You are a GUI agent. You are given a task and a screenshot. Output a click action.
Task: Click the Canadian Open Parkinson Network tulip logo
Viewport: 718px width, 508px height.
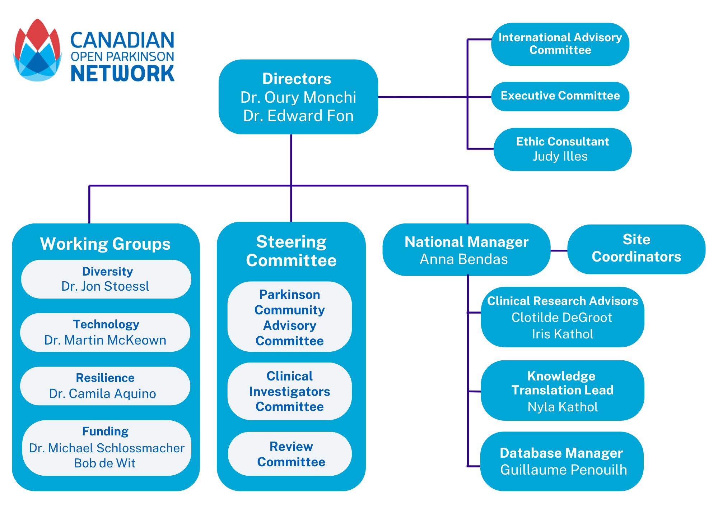37,50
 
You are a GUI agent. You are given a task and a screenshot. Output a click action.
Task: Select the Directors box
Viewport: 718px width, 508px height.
298,97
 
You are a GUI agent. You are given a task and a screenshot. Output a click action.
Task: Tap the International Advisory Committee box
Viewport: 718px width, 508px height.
560,44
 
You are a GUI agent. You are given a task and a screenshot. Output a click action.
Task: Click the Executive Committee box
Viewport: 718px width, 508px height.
560,96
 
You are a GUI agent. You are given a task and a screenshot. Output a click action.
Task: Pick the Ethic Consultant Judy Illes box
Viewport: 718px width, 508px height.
563,149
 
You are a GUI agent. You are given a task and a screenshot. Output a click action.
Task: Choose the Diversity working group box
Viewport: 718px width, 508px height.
106,279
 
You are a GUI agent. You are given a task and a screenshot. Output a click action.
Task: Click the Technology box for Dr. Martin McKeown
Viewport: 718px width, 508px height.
105,332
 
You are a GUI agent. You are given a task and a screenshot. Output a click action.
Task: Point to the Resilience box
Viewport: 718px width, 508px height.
105,386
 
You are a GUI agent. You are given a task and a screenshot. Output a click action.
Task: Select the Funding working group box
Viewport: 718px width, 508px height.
107,448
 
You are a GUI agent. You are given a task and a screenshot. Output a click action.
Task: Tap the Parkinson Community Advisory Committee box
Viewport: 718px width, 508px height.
290,317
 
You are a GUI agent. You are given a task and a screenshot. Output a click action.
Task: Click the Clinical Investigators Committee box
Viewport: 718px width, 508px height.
290,391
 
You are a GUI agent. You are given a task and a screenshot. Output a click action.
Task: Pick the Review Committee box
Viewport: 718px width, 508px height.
290,454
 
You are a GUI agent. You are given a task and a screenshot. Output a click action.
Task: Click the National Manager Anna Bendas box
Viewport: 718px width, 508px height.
466,250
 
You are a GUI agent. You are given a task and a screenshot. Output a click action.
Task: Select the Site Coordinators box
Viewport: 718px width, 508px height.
636,249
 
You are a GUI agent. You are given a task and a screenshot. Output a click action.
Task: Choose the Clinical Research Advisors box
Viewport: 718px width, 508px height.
563,317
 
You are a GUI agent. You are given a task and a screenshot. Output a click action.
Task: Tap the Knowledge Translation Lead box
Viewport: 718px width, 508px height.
563,391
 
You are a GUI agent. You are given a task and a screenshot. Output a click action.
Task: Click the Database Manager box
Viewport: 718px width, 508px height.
562,461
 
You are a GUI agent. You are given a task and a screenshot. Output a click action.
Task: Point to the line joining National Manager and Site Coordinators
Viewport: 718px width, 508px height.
559,251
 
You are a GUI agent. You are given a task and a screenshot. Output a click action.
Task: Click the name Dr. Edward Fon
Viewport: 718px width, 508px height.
298,116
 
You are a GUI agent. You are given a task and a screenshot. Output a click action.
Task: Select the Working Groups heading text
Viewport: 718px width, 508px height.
105,244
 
